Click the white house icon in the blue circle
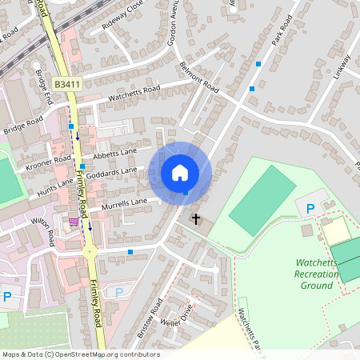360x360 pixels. (180, 172)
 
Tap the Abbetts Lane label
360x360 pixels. (116, 150)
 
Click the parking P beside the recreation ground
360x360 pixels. (310, 209)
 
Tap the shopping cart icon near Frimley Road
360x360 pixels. (74, 222)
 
